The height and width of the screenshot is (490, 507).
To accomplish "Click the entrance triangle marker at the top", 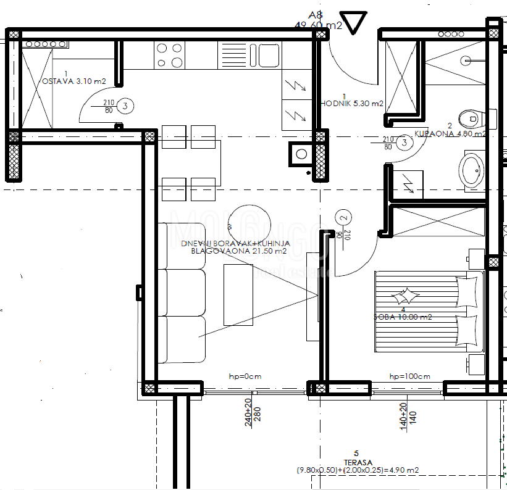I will (355, 22).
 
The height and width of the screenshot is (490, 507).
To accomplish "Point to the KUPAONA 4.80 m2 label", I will (450, 133).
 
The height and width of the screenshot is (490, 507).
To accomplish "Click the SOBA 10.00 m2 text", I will (403, 317).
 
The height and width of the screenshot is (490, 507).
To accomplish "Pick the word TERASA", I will (356, 462).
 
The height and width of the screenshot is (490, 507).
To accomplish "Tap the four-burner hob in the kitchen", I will (169, 54).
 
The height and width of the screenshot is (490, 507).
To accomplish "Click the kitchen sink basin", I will (269, 55).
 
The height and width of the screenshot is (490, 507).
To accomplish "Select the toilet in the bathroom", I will (472, 116).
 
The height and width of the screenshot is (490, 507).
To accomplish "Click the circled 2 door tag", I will (344, 217).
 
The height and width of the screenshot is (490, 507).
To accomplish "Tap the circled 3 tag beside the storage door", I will (125, 107).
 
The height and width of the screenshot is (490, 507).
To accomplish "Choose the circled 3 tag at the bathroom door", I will (404, 143).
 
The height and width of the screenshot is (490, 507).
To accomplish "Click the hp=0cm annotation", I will (246, 376).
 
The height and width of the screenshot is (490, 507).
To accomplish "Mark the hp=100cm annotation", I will (409, 376).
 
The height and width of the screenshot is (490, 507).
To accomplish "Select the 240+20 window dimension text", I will (248, 413).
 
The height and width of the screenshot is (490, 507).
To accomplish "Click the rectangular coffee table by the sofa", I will (238, 294).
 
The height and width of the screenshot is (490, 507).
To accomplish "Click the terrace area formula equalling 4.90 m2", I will (357, 470).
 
